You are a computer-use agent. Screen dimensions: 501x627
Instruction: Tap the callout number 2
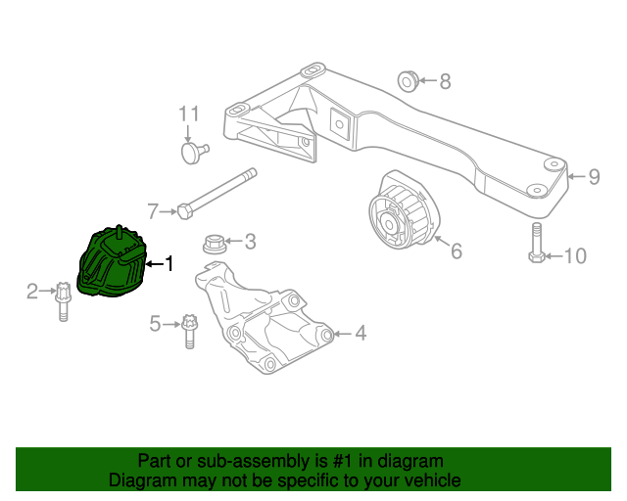(x=32, y=291)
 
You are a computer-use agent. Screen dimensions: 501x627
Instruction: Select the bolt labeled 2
(x=62, y=299)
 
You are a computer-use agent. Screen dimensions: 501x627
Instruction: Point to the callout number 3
(x=250, y=241)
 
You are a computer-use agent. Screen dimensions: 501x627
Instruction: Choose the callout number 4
(x=361, y=334)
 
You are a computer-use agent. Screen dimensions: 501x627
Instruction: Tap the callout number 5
(x=155, y=323)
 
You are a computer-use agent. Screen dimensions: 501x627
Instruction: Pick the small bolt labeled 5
(x=189, y=328)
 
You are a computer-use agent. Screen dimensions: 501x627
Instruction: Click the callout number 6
(x=456, y=251)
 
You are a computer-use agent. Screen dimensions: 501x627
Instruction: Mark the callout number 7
(x=153, y=210)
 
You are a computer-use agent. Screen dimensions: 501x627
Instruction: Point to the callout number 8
(x=445, y=82)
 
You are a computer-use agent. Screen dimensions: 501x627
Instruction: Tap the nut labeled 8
(x=408, y=79)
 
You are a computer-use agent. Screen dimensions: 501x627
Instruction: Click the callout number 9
(x=594, y=177)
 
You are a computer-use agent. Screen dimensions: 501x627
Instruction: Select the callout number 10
(x=575, y=256)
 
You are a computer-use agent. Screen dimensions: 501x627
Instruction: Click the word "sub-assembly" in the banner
(x=234, y=461)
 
